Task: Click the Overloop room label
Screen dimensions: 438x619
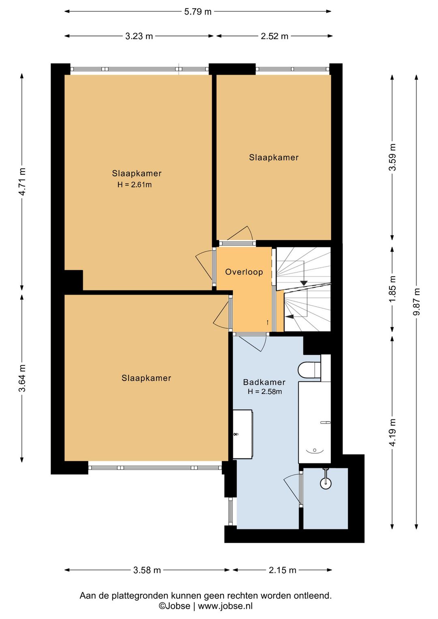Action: point(244,272)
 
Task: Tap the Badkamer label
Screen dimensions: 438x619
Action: point(264,382)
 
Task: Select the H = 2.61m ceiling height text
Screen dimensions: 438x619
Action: point(135,185)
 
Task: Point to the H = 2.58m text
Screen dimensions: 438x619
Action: point(265,391)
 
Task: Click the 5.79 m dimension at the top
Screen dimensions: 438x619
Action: point(198,12)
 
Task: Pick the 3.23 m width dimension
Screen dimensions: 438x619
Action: point(139,36)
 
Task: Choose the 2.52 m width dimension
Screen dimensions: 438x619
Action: point(275,36)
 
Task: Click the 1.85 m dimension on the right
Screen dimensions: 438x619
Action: point(393,289)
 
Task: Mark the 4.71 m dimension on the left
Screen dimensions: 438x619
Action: point(22,182)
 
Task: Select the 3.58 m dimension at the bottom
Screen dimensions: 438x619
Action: point(147,570)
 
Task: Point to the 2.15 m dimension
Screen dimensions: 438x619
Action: point(282,570)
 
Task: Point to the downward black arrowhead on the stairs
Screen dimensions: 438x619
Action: point(304,283)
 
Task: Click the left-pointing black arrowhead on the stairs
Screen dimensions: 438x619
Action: point(290,317)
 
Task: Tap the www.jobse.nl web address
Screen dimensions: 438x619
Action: point(225,606)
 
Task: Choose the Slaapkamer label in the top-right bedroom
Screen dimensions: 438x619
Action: point(274,157)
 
